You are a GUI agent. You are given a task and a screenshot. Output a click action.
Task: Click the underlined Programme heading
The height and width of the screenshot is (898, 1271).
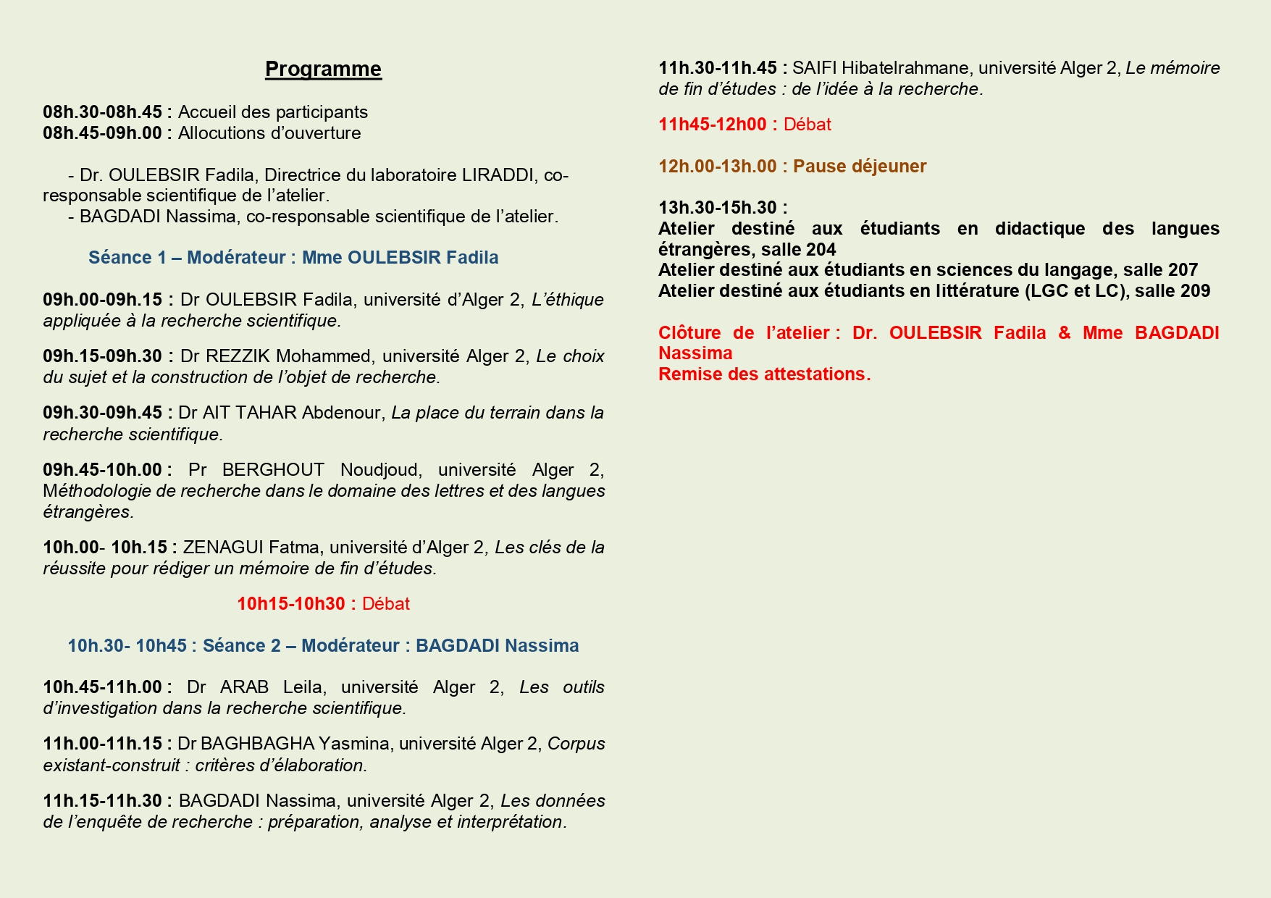coord(323,69)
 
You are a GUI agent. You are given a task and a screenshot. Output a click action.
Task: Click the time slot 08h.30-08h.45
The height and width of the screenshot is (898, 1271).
coord(102,112)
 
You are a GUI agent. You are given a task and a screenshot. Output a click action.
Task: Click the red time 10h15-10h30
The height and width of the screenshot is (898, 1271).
coord(290,604)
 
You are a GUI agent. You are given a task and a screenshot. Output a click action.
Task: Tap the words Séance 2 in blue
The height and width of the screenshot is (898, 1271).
coord(241,646)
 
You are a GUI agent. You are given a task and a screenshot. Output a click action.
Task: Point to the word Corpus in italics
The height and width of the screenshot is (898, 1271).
coord(576,744)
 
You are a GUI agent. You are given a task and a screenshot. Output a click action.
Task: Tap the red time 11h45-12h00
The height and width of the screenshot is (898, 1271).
coord(712,125)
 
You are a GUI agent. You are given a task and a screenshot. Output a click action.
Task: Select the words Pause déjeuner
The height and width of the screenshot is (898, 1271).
coord(860,167)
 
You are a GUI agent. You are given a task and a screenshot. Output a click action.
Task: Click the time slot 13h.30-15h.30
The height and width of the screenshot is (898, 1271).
coord(717,208)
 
